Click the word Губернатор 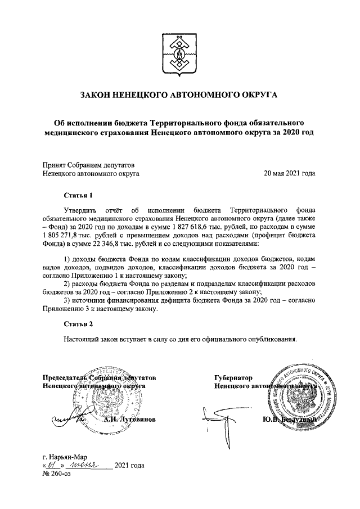pyautogui.click(x=233, y=378)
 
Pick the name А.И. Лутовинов pyautogui.click(x=128, y=420)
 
